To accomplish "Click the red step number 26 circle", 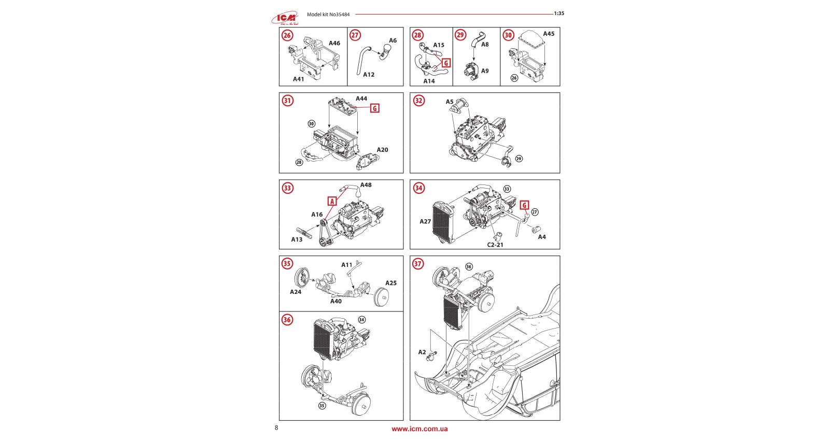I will point(287,35).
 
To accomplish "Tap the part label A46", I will point(334,44).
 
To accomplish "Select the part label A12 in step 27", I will point(369,75).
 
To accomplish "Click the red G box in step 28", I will point(446,63).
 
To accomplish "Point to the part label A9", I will point(485,71).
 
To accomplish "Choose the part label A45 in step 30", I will point(549,34).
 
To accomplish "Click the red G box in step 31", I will point(374,108).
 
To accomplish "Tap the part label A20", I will point(382,150).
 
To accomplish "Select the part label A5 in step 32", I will point(450,102).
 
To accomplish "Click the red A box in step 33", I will point(332,201).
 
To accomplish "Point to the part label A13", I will point(297,239).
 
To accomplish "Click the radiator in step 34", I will point(443,222).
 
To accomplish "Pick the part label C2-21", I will point(495,245).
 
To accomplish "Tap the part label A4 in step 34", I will point(542,237).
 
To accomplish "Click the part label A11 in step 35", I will point(347,265).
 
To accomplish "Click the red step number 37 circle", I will point(418,264).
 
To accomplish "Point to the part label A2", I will point(422,352).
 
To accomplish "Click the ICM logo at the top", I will point(285,19).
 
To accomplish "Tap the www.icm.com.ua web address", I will point(419,429).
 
